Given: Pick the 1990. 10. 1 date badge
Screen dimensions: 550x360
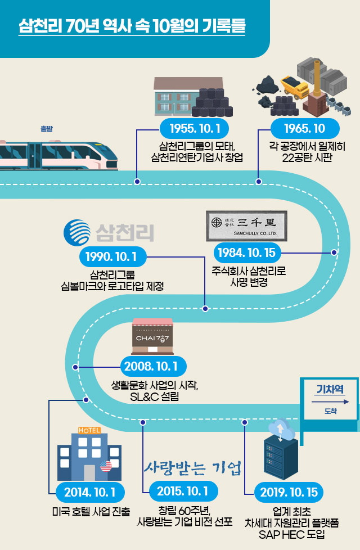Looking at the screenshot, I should coord(112,257).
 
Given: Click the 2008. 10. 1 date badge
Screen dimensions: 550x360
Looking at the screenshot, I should coord(152,367).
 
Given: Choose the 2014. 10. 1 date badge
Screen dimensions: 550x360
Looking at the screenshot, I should coord(90,493).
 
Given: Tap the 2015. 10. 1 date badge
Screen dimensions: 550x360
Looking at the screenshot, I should coord(183,491).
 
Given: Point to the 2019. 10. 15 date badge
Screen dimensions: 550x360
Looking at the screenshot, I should coord(289,493).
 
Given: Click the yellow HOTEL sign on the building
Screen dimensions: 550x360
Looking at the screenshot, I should coord(90,430).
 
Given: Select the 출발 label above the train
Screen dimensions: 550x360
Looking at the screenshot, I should coord(47,129).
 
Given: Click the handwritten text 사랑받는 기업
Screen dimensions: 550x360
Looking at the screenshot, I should coord(192,467).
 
